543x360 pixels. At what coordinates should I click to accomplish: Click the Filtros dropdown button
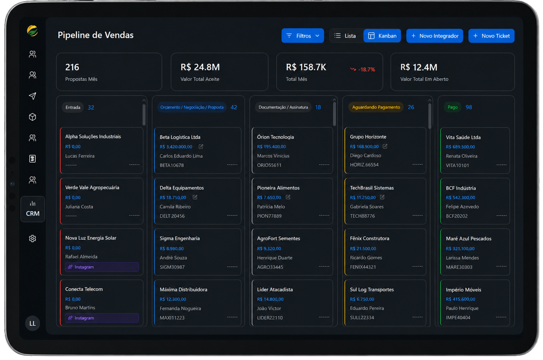click(303, 36)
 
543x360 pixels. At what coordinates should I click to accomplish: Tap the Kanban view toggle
click(382, 36)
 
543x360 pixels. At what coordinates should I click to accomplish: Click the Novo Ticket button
click(491, 36)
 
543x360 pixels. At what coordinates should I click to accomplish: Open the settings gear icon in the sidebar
click(32, 239)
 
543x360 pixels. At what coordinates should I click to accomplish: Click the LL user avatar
click(32, 323)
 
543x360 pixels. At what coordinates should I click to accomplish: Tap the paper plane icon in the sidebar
click(32, 96)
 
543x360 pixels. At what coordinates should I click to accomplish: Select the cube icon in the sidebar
click(32, 117)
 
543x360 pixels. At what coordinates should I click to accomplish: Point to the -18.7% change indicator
click(362, 69)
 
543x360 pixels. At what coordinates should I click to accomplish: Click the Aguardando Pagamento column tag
click(376, 107)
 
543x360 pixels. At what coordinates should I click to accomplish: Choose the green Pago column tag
click(453, 107)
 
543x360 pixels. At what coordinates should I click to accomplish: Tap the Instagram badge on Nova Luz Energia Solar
click(102, 267)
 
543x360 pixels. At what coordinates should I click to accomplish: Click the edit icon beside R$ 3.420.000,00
click(201, 146)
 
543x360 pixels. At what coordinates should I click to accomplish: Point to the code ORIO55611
click(269, 165)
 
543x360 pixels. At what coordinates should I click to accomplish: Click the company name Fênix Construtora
click(370, 238)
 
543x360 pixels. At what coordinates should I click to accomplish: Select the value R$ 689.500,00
click(460, 147)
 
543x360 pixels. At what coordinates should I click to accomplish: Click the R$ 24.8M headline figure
click(200, 67)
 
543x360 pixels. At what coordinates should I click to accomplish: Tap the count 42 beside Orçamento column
click(234, 108)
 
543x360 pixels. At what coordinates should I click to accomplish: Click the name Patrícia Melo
click(271, 207)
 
